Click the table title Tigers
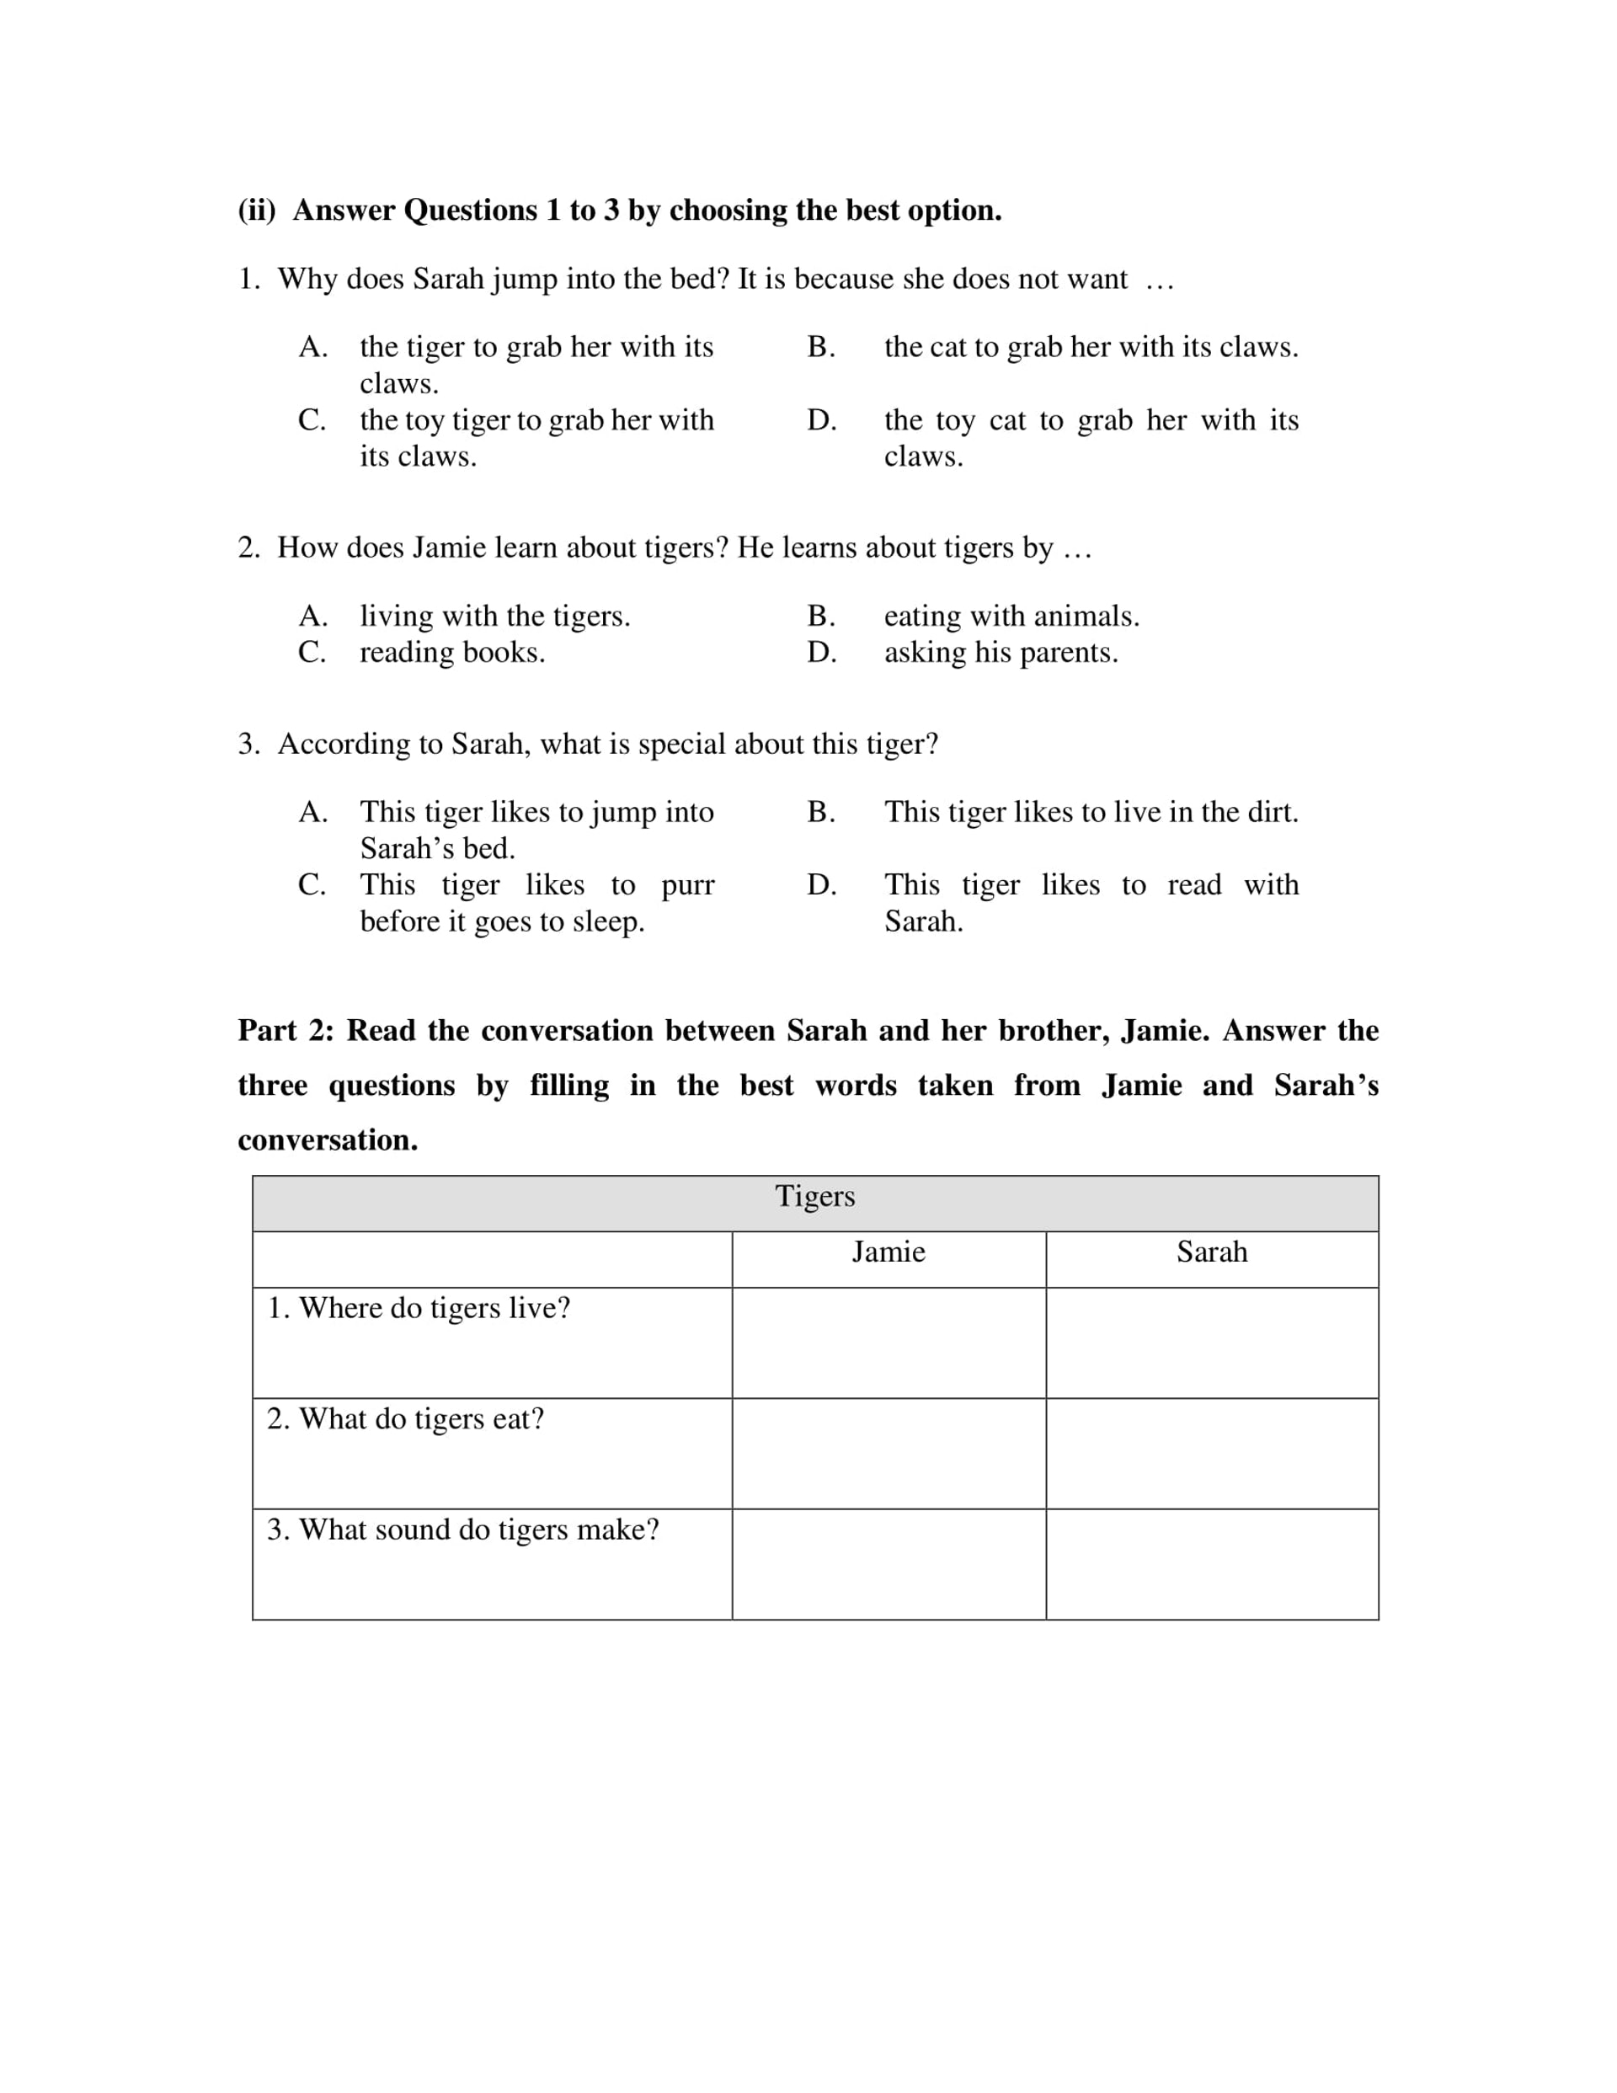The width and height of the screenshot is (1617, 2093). point(814,1196)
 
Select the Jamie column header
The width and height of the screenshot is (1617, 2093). point(889,1252)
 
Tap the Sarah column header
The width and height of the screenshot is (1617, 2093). point(1212,1252)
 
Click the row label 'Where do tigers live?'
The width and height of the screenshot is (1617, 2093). point(418,1308)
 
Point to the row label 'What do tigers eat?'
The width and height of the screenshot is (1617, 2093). point(405,1418)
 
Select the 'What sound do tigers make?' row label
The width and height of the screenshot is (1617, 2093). point(463,1530)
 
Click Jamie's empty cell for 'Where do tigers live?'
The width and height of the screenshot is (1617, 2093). point(889,1343)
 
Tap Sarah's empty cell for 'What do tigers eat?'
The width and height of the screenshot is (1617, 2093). point(1212,1454)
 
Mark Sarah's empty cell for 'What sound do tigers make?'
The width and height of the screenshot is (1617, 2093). point(1212,1564)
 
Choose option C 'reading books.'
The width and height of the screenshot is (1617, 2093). point(451,653)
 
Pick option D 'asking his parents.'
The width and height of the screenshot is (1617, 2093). point(1001,653)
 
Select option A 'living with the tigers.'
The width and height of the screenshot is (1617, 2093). point(494,617)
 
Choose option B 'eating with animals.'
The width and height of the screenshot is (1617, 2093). point(1011,617)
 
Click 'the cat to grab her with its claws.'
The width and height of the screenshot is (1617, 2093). point(1091,347)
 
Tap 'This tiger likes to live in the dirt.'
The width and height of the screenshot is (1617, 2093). point(1091,812)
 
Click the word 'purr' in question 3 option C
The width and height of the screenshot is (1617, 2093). point(687,885)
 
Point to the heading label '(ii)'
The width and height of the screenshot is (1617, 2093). point(257,210)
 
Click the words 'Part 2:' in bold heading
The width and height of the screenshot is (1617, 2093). point(286,1030)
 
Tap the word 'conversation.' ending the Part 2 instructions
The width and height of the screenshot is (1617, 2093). point(328,1140)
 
